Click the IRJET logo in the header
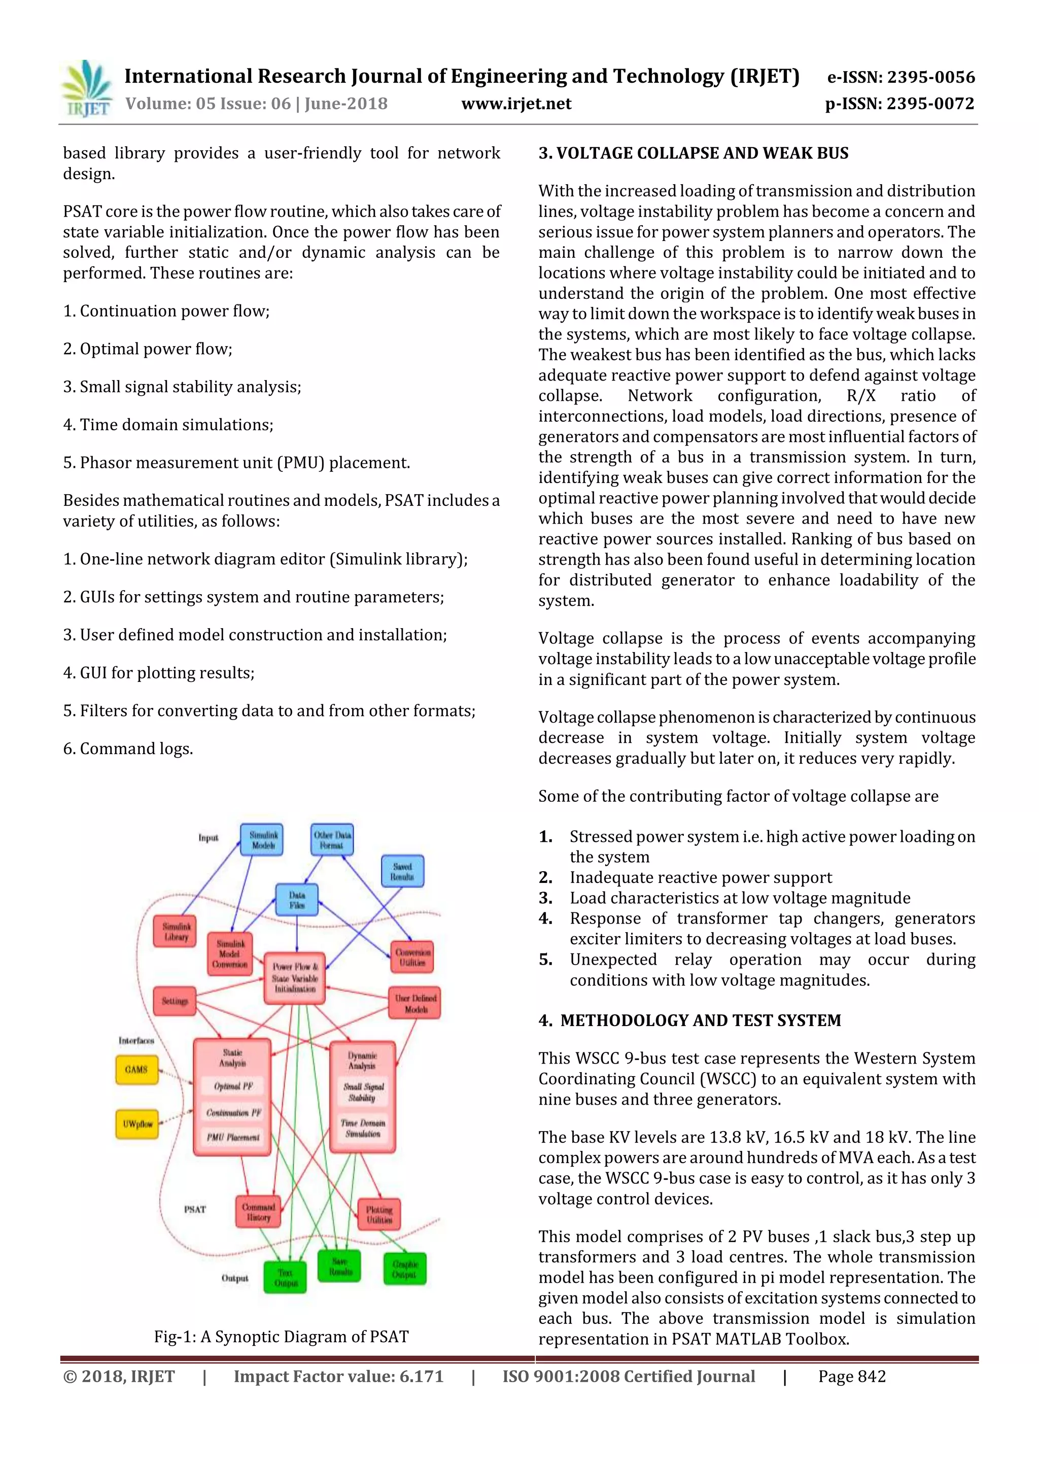click(x=86, y=89)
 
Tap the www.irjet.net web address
click(x=516, y=104)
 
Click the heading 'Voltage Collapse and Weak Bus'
click(x=694, y=154)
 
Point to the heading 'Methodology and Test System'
click(x=690, y=1020)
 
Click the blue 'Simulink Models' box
click(x=262, y=840)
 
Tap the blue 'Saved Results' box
click(x=402, y=871)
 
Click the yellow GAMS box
click(x=136, y=1070)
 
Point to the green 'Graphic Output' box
click(x=404, y=1269)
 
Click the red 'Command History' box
click(x=258, y=1212)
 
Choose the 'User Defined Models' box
click(x=415, y=1003)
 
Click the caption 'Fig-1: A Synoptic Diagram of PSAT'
click(x=281, y=1331)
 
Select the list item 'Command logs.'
click(x=128, y=748)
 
